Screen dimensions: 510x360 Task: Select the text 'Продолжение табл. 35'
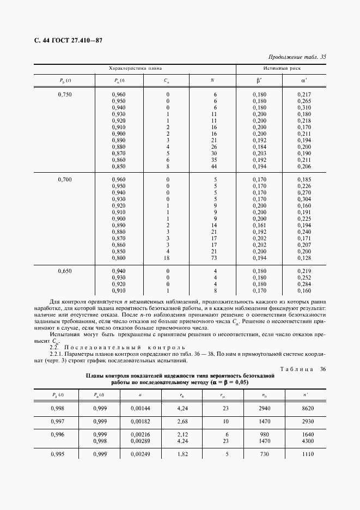(x=297, y=57)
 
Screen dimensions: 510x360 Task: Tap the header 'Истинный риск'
(x=282, y=69)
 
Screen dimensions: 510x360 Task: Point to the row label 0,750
(x=65, y=94)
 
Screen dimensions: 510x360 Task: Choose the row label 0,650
(x=65, y=271)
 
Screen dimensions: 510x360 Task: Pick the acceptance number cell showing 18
(x=167, y=257)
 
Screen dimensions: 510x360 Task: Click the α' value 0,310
(x=304, y=107)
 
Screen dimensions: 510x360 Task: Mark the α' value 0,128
(x=304, y=257)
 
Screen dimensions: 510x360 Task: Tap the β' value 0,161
(x=259, y=224)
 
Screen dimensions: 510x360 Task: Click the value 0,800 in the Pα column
(x=118, y=257)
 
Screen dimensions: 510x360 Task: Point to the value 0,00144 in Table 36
(x=141, y=407)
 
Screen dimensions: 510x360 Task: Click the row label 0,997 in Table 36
(x=57, y=421)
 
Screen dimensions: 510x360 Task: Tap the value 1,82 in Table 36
(x=182, y=454)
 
